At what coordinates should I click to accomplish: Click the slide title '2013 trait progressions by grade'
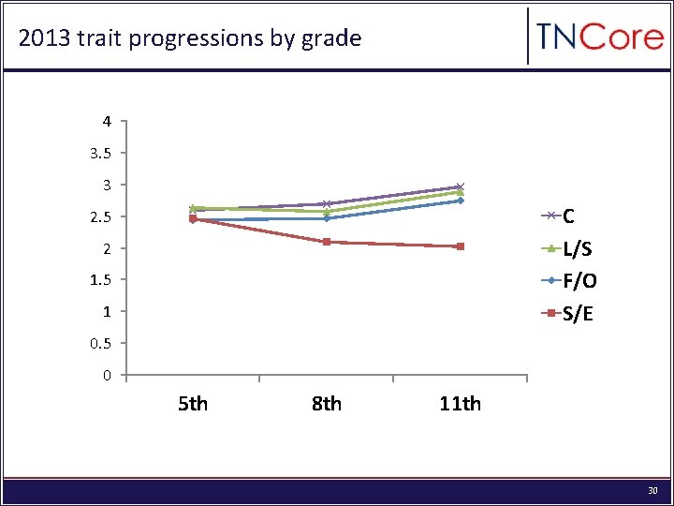(x=190, y=38)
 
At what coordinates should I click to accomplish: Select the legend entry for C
(x=570, y=216)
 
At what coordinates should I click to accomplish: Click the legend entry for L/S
(x=576, y=248)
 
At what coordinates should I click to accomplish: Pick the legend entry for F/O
(x=579, y=280)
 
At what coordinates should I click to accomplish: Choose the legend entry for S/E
(x=577, y=313)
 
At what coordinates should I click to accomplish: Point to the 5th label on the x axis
(x=193, y=404)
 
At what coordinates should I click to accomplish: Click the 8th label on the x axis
(x=326, y=404)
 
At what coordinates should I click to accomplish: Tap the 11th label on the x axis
(x=460, y=404)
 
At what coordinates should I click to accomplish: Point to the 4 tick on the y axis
(x=108, y=121)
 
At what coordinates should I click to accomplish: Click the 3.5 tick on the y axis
(x=103, y=153)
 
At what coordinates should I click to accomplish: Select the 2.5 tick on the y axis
(x=103, y=216)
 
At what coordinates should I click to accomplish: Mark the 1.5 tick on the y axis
(x=103, y=279)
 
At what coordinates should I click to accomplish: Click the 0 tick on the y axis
(x=108, y=376)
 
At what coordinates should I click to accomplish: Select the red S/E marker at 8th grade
(x=327, y=242)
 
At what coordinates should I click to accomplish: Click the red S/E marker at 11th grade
(x=461, y=246)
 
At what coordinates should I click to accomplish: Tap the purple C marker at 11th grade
(x=461, y=186)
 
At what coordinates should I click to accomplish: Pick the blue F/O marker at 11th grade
(x=461, y=201)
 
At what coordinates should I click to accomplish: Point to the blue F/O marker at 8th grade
(x=327, y=218)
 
